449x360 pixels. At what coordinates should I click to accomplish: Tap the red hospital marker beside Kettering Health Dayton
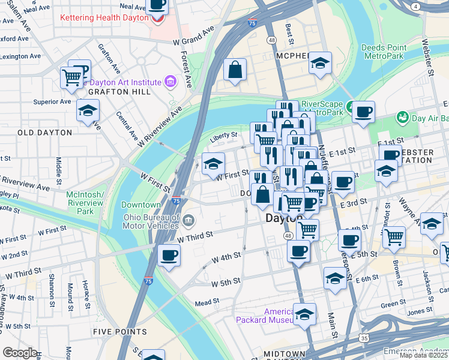pyautogui.click(x=157, y=17)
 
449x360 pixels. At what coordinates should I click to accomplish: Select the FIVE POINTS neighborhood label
pyautogui.click(x=120, y=331)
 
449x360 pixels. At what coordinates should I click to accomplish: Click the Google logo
pyautogui.click(x=20, y=353)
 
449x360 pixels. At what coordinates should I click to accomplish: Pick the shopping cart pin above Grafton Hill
pyautogui.click(x=71, y=77)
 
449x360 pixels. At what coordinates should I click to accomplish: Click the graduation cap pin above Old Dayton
pyautogui.click(x=88, y=111)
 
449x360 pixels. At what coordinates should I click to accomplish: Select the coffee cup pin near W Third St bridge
pyautogui.click(x=169, y=256)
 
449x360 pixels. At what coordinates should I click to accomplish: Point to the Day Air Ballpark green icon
pyautogui.click(x=402, y=117)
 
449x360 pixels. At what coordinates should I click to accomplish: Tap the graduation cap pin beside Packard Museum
pyautogui.click(x=304, y=314)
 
